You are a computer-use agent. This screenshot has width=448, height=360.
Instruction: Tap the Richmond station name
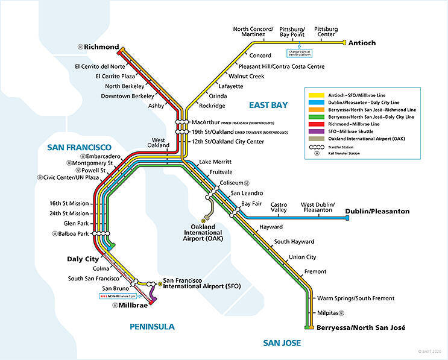click(101, 46)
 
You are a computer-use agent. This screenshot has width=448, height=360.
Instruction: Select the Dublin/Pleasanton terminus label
click(377, 212)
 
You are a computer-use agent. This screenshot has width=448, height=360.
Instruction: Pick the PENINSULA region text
click(152, 327)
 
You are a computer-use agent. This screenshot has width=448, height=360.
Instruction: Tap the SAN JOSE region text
click(282, 343)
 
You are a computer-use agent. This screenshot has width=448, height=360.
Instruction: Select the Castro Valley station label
click(279, 207)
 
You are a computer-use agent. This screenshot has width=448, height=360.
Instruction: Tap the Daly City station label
click(83, 259)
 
